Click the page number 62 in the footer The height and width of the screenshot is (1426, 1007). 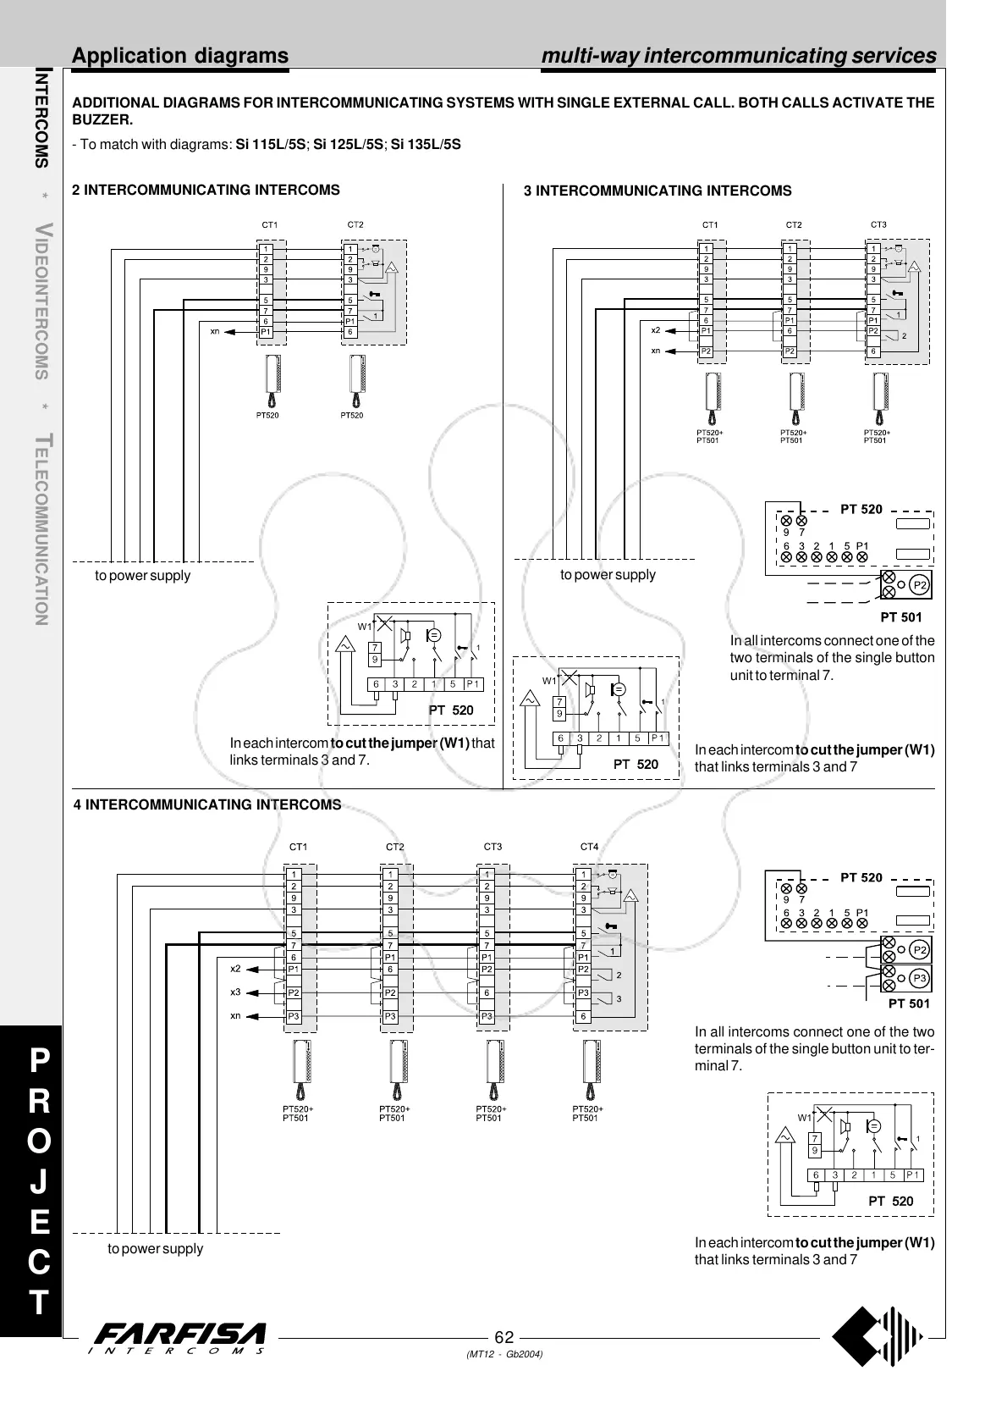coord(504,1337)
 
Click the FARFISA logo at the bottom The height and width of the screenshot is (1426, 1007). coord(181,1339)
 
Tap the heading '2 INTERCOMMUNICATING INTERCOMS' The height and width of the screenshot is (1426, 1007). coord(206,190)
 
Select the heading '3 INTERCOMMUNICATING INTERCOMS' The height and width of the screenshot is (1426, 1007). coord(658,191)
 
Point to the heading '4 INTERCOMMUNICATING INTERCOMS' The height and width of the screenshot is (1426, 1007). coord(207,804)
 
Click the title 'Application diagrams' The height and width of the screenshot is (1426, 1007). coord(180,56)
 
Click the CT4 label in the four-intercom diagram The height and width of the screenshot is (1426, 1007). coord(589,847)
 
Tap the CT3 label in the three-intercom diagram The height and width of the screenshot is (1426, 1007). coord(878,224)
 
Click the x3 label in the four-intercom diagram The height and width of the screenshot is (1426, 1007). coord(235,992)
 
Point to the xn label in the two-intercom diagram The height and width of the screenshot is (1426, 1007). coord(215,331)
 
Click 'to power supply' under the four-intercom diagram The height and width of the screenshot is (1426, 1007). coord(155,1248)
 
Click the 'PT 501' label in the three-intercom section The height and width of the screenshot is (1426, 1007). coord(900,617)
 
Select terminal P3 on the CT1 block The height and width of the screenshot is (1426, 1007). coord(293,1015)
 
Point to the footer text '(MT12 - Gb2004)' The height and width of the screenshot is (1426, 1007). coord(504,1354)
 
